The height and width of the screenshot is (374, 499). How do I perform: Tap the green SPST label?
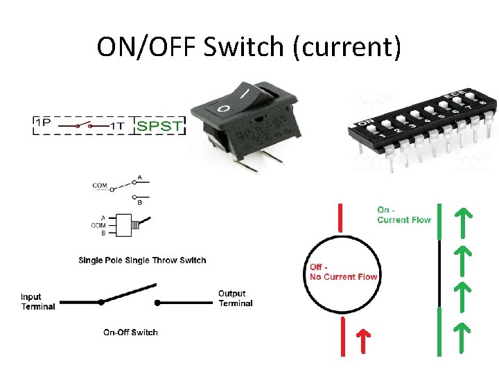coord(160,125)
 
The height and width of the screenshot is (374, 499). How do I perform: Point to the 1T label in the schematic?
coord(117,126)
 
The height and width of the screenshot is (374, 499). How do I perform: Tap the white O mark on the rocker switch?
coord(224,109)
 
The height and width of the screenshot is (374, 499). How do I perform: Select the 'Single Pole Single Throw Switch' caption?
coord(142,260)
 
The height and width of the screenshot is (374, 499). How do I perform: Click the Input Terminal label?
coord(37,302)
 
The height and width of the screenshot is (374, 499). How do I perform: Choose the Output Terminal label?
coord(235,299)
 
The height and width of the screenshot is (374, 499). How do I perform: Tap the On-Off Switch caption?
coord(130,332)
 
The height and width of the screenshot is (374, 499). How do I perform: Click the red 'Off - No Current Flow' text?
coord(343,272)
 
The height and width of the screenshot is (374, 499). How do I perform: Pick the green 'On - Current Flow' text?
coord(403,215)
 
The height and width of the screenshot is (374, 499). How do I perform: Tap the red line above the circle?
coord(340,217)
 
